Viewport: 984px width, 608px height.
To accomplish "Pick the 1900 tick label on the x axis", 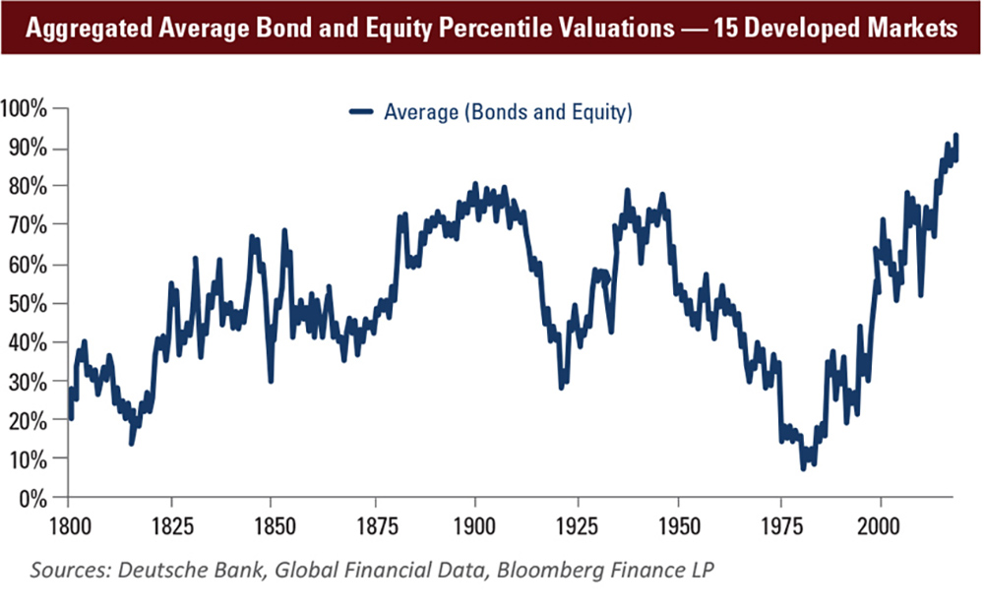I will [x=474, y=522].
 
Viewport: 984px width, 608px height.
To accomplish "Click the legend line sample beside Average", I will [x=362, y=112].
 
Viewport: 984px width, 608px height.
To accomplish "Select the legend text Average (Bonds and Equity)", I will [x=507, y=112].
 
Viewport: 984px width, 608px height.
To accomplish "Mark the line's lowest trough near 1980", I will [x=803, y=468].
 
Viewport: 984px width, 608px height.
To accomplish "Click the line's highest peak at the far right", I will [x=955, y=135].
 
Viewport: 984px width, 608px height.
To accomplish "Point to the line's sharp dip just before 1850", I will [x=270, y=380].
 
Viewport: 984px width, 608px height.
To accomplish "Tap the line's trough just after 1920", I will [x=561, y=388].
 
